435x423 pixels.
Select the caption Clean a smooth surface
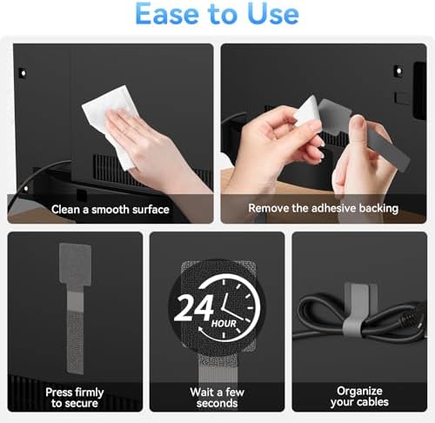110,210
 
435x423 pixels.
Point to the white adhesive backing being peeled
306,111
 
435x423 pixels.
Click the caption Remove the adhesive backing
323,208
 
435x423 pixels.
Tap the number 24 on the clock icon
194,308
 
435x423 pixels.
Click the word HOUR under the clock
224,324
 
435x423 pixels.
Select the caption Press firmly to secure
75,398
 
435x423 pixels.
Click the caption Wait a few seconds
217,398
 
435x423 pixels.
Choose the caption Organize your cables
359,397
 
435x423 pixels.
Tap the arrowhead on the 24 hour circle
201,330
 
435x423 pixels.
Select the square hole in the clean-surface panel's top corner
23,73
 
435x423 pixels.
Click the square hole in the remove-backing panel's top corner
398,70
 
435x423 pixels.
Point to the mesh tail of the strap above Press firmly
75,342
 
